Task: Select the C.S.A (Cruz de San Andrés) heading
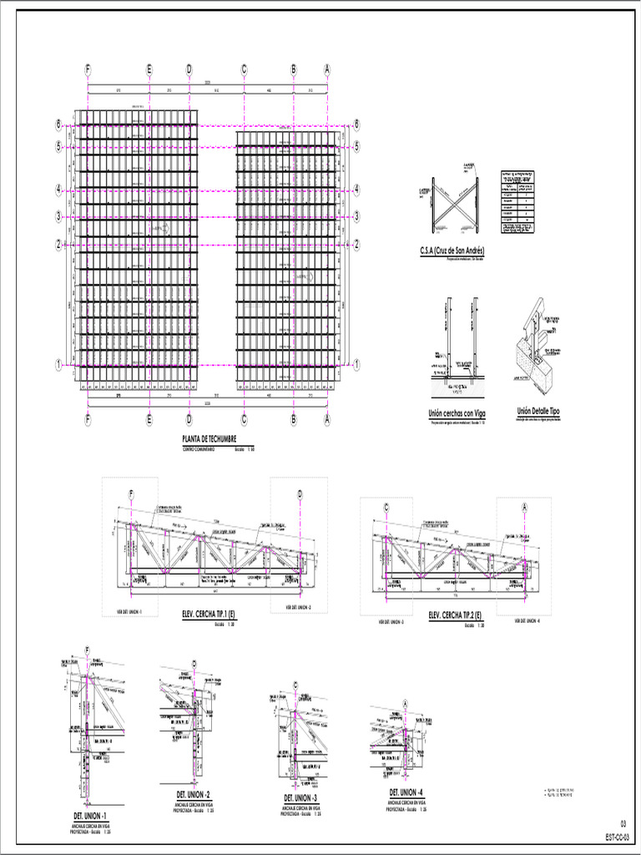click(x=452, y=250)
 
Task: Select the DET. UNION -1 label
click(x=89, y=815)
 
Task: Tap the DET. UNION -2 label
click(x=193, y=794)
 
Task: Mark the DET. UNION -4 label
click(x=406, y=792)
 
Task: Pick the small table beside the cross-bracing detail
click(x=517, y=203)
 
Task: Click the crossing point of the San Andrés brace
click(x=455, y=203)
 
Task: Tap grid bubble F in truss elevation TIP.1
click(x=131, y=494)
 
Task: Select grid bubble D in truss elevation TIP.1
click(x=299, y=494)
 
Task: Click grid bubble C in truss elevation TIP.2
click(x=387, y=507)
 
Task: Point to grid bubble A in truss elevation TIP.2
click(x=525, y=507)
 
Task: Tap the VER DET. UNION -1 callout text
click(x=129, y=611)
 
